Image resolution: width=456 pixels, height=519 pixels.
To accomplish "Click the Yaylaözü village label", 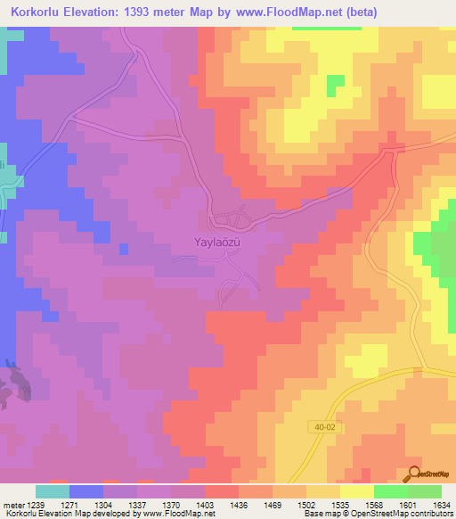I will tap(218, 241).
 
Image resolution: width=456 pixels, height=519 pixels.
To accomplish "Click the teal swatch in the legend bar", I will tap(52, 491).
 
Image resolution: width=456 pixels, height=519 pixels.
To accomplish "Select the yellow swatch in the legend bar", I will tap(356, 491).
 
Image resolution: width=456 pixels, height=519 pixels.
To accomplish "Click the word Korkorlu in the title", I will tap(37, 12).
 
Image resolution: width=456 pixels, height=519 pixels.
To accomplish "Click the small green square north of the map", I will tap(335, 85).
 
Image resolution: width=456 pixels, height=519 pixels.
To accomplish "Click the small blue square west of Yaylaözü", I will tap(123, 248).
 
